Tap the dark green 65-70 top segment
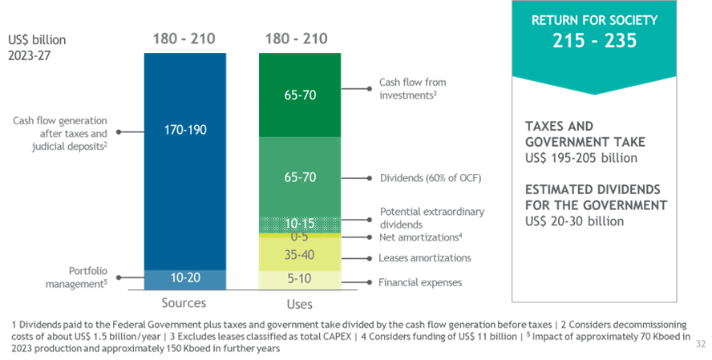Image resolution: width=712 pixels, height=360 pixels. (x=300, y=95)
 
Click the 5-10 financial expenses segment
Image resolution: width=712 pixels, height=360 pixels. (x=300, y=279)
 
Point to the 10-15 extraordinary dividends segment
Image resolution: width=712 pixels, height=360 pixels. (x=300, y=223)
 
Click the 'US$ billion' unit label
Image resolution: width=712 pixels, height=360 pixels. (x=38, y=40)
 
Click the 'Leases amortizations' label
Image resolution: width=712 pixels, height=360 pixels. (x=425, y=258)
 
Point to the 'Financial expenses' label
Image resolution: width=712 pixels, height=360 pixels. (x=421, y=282)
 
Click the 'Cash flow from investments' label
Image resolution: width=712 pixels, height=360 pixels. (x=413, y=88)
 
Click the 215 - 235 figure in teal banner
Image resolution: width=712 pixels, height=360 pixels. (x=595, y=40)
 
